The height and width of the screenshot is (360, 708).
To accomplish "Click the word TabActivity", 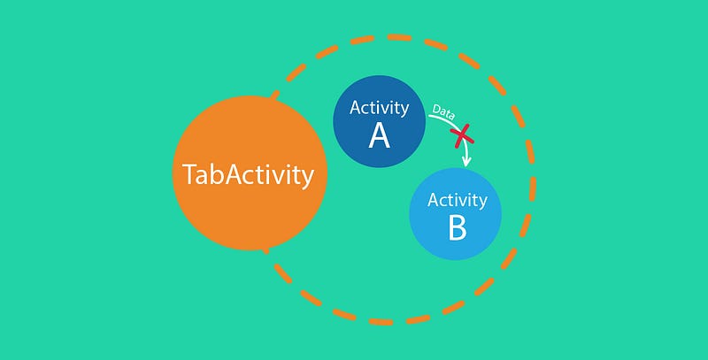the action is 248,175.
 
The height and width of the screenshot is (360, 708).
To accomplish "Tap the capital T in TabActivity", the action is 189,174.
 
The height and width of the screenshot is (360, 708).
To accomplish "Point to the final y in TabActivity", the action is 308,178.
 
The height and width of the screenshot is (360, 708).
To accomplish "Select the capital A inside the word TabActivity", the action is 233,174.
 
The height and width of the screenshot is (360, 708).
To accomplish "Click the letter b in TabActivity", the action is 216,173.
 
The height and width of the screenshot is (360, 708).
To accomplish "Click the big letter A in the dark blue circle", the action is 379,136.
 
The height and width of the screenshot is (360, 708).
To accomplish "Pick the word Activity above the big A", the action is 380,109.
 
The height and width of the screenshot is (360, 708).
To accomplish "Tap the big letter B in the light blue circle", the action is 457,228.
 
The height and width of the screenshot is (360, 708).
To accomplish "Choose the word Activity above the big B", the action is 458,200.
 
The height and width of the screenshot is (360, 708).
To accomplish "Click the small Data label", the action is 443,111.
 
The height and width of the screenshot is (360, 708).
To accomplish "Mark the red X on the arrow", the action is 462,136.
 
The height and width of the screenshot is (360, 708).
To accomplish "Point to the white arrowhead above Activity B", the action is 466,161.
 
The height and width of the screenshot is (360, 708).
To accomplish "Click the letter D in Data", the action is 436,109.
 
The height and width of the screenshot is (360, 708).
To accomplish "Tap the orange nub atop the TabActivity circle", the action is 274,95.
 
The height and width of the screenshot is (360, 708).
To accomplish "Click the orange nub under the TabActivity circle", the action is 266,250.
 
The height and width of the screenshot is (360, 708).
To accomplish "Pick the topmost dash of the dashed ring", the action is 399,37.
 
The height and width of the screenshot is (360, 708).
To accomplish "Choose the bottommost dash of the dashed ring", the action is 381,322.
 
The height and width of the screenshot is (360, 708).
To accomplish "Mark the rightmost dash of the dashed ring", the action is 533,189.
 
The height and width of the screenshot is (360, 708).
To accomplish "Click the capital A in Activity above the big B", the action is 434,200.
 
